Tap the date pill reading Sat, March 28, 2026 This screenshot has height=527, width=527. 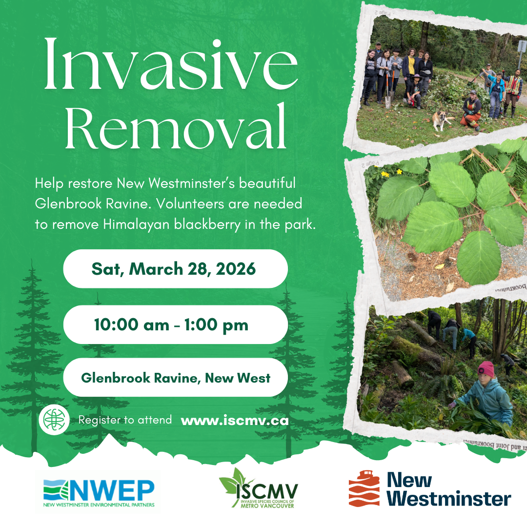point(175,269)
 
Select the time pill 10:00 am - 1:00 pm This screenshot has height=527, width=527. point(175,325)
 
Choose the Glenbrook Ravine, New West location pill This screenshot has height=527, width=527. point(175,378)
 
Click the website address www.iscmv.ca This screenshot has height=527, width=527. point(234,421)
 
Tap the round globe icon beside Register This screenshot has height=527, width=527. point(55,420)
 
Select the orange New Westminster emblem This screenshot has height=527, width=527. point(364,488)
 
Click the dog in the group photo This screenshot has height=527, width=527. point(442,119)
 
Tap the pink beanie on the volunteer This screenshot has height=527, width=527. point(486,369)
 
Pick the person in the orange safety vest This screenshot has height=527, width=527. point(512,86)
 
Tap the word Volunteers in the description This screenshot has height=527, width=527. point(187,204)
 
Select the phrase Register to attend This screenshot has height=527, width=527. point(125,420)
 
